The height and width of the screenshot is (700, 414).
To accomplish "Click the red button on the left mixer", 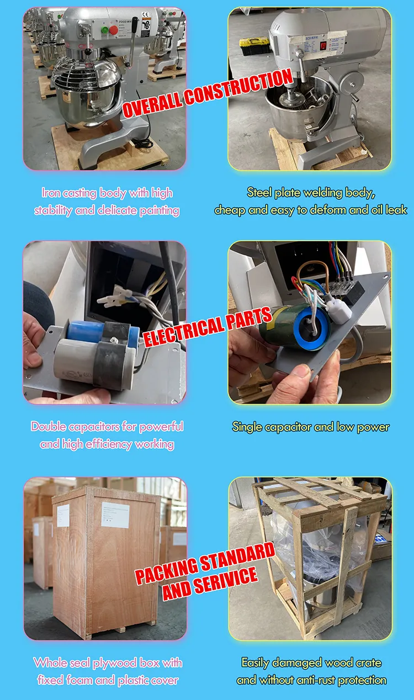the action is click(x=113, y=30).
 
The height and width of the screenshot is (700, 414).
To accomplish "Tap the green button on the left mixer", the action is click(x=105, y=30).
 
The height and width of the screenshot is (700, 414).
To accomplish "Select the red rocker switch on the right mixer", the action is click(x=323, y=46).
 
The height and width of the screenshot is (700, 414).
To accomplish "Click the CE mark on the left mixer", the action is click(x=146, y=15).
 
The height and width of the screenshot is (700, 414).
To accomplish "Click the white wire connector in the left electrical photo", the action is click(x=113, y=297).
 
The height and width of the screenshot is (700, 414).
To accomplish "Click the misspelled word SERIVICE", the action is click(x=226, y=581).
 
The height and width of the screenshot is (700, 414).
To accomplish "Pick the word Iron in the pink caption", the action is click(x=51, y=193).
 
